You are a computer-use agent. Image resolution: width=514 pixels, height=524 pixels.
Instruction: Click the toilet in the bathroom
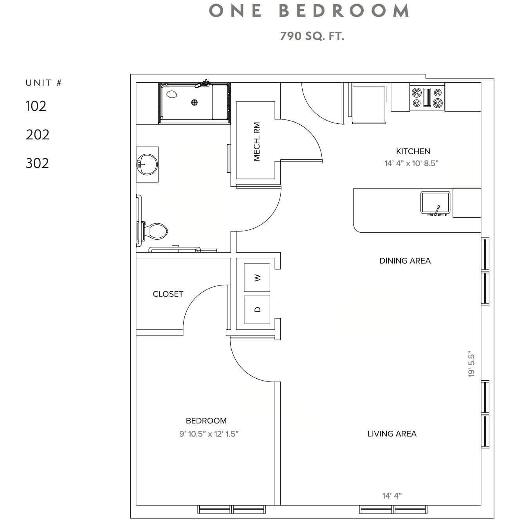click(x=155, y=231)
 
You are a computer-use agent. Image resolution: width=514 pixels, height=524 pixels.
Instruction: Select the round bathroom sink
click(x=147, y=164)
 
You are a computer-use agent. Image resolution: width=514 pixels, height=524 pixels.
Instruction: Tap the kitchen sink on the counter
click(x=435, y=202)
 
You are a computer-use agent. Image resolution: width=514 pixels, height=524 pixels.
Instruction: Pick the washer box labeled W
click(x=257, y=278)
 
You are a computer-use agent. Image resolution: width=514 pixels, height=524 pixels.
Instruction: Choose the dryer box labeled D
click(x=257, y=309)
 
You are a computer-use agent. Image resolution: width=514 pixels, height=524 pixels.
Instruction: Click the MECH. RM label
click(x=257, y=141)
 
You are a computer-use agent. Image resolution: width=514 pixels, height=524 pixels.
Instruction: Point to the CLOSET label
click(x=168, y=294)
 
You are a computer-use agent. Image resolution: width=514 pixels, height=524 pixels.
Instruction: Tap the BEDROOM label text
click(x=206, y=421)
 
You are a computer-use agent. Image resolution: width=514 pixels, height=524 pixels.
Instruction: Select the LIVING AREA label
click(x=392, y=434)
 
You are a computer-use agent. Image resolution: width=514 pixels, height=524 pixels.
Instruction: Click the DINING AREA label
click(x=405, y=261)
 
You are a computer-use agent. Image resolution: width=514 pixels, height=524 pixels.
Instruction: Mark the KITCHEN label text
click(x=413, y=151)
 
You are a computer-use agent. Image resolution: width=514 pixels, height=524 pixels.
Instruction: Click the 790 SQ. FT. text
click(x=312, y=36)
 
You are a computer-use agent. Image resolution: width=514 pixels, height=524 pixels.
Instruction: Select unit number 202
click(x=38, y=135)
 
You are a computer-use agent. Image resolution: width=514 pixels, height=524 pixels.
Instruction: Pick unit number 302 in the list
click(x=38, y=163)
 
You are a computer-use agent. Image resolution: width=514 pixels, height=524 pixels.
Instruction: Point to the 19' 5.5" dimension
click(x=471, y=365)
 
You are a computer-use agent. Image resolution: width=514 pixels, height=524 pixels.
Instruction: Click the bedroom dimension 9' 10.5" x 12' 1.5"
click(x=209, y=434)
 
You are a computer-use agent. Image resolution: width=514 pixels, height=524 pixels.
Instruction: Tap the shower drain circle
click(x=194, y=103)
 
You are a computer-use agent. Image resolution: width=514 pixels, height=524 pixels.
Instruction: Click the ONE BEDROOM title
click(x=309, y=11)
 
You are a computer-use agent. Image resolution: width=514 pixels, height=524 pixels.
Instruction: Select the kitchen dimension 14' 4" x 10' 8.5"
click(x=411, y=164)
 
